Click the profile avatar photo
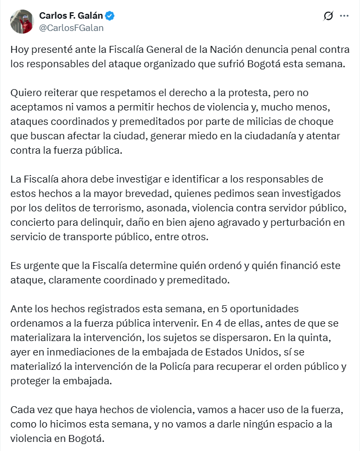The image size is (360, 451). (22, 21)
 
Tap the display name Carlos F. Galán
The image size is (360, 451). (71, 15)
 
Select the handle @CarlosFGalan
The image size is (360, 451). (71, 28)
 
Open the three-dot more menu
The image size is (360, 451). (344, 16)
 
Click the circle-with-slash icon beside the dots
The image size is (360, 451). (329, 16)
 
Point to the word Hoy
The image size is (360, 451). (20, 50)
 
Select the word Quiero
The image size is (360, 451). (25, 92)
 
